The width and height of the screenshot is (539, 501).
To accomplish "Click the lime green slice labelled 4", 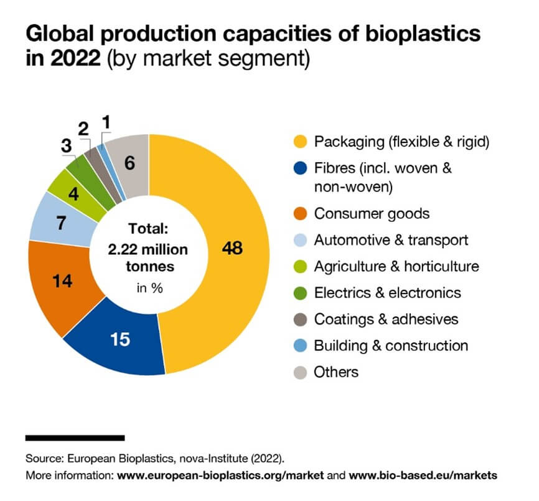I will coord(73,193).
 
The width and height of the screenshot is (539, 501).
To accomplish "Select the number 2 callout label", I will coord(83,129).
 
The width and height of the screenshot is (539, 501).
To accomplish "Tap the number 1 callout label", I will coord(106,122).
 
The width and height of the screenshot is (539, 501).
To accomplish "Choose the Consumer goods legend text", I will coord(372,214).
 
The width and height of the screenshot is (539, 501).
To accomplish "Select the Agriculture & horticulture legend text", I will coord(396,266).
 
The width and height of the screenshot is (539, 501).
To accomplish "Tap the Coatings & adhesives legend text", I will coord(386,319).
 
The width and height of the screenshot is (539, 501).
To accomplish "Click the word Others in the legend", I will coord(336,372).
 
